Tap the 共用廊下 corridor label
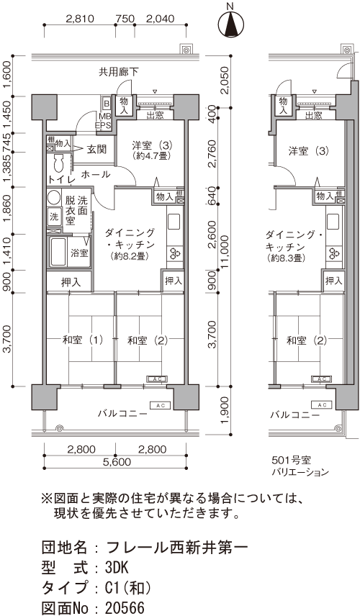119,72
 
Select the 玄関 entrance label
97,150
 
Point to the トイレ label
61,178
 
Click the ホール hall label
96,174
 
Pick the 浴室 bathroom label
79,253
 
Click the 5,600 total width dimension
114,463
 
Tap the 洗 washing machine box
54,216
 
